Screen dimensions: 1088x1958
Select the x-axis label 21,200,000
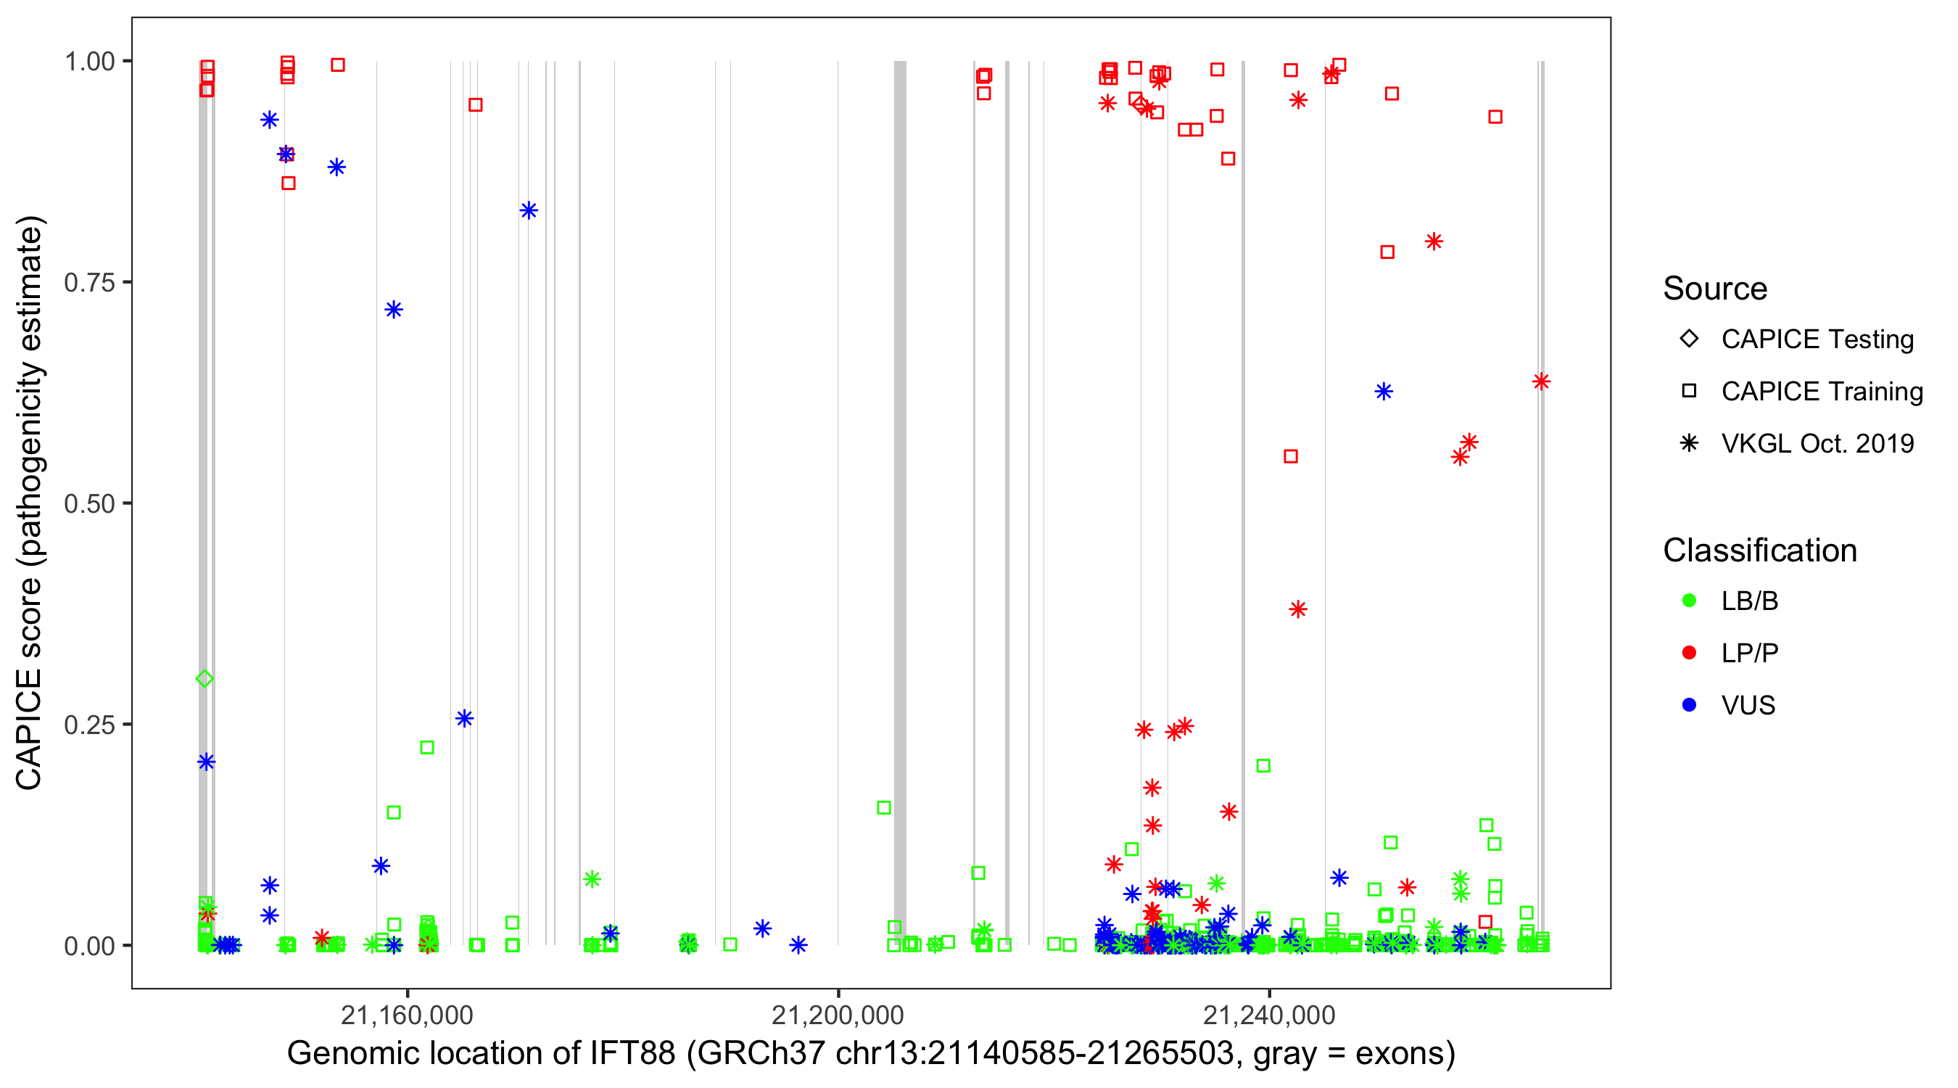pos(838,1015)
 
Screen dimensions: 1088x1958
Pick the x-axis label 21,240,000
pos(1268,1015)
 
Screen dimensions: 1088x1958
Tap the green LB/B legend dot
pos(1689,601)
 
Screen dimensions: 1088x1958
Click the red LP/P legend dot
pos(1689,653)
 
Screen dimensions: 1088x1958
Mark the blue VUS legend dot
pos(1689,705)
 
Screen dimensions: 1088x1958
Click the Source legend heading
pos(1715,289)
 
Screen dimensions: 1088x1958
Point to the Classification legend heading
pos(1759,551)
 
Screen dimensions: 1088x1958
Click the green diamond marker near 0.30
pos(205,679)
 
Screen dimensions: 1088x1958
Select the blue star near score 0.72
pos(394,310)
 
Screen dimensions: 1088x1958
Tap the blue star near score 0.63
pos(1384,392)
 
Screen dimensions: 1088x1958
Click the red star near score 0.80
pos(1434,242)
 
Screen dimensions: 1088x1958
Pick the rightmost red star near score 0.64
pos(1541,382)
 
